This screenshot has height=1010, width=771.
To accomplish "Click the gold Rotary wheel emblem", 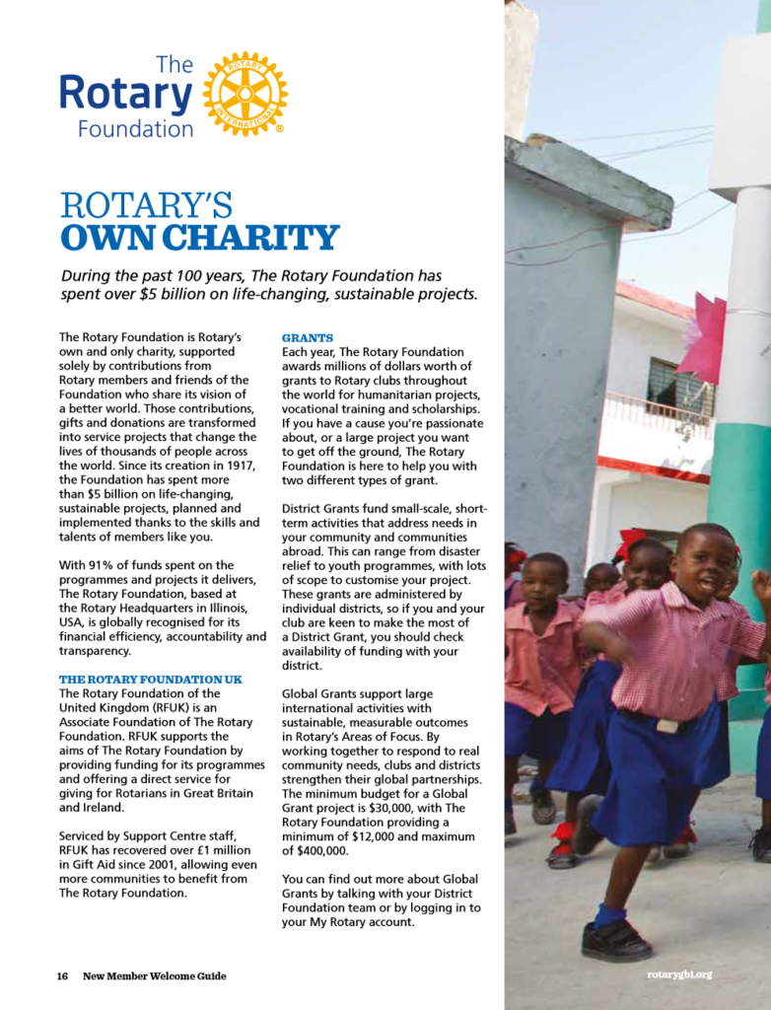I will tap(245, 94).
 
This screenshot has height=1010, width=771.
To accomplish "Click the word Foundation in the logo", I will tap(135, 129).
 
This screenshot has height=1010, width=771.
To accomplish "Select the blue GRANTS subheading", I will tap(308, 338).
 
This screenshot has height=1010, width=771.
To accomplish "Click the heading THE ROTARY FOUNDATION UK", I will tap(150, 680).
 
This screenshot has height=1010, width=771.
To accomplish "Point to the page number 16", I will tap(61, 976).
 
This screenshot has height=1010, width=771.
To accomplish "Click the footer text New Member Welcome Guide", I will tap(155, 976).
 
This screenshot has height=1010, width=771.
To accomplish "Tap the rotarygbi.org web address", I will tap(679, 974).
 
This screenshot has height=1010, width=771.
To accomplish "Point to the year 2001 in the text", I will tap(199, 865).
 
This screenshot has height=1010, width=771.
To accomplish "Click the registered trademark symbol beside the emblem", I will tap(280, 129).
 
